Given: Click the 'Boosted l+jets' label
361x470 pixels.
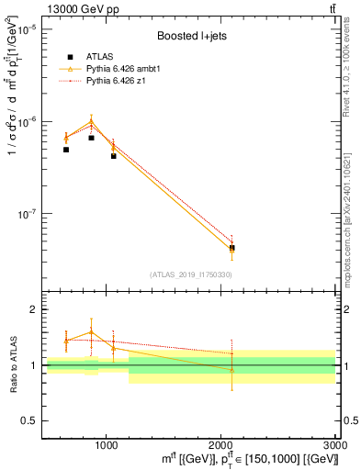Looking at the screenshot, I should (187, 37).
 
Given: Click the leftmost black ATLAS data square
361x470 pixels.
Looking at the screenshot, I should (66, 150).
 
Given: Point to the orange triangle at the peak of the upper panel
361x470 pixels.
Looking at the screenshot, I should (91, 121).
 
